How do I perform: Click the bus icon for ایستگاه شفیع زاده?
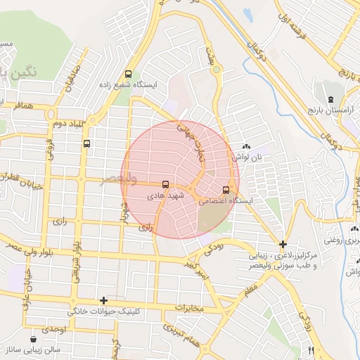[128, 73]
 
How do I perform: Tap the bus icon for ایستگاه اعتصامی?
[226, 189]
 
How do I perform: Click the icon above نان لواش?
[246, 146]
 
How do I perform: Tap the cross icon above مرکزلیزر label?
[283, 245]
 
